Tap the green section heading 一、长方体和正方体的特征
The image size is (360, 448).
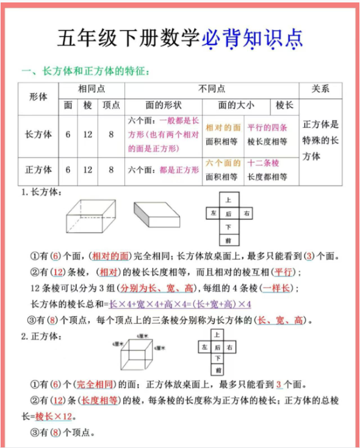(x=85, y=71)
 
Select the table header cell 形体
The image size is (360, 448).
(x=38, y=97)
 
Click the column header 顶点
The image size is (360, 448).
(x=111, y=105)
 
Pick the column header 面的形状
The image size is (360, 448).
(x=163, y=105)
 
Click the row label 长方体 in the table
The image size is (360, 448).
(x=38, y=134)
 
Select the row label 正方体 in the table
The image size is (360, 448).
(x=38, y=170)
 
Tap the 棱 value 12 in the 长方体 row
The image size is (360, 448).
(x=88, y=134)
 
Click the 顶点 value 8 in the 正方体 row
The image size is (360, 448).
(x=111, y=170)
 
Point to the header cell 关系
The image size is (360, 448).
(x=320, y=89)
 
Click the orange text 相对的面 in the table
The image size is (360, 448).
(x=223, y=127)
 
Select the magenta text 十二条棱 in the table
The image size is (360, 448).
(x=263, y=163)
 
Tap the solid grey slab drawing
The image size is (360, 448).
(x=159, y=215)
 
